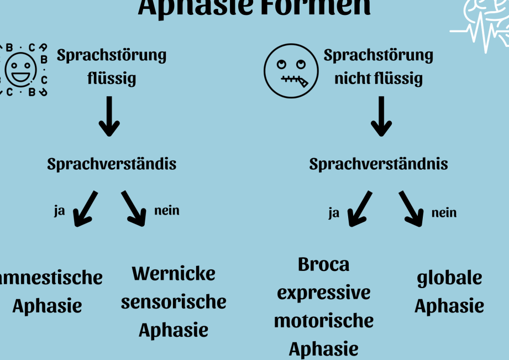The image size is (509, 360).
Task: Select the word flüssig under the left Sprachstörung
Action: point(112,79)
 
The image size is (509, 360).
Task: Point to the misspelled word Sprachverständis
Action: point(112,164)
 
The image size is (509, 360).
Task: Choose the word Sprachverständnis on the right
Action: point(379,164)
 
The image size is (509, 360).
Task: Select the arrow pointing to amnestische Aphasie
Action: point(85,208)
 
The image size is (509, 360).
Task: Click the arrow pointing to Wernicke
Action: point(134,208)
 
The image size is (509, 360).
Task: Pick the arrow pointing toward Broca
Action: point(360,208)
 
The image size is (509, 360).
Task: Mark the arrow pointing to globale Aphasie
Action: point(412,208)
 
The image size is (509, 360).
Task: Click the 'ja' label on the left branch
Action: point(59,211)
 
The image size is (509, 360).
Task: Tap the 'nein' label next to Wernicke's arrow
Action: point(167,210)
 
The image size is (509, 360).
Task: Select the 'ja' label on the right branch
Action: point(334,213)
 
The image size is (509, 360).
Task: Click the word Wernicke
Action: point(174,273)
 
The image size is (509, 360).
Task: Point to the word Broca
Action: point(324,264)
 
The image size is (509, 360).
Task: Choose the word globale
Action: point(449,278)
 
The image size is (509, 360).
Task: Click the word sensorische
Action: point(174,302)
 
